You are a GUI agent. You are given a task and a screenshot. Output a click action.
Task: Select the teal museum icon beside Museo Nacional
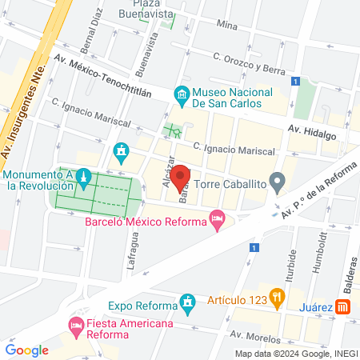pyautogui.click(x=182, y=96)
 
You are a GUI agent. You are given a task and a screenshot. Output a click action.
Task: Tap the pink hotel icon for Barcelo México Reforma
pyautogui.click(x=216, y=218)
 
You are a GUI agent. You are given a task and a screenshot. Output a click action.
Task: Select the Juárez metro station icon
pyautogui.click(x=342, y=307)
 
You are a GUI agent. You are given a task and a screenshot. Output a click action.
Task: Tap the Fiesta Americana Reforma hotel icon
pyautogui.click(x=76, y=324)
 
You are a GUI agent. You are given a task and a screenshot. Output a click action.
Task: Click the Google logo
pyautogui.click(x=27, y=350)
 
